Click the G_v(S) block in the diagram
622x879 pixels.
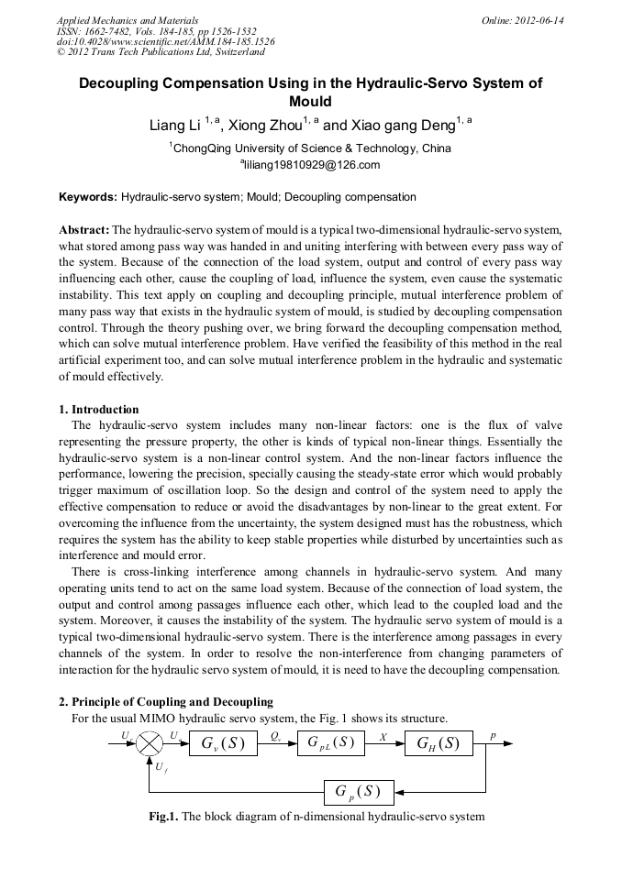click(x=223, y=742)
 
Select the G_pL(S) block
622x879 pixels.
click(x=331, y=742)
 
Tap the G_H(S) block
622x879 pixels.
click(x=439, y=742)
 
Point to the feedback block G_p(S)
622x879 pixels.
click(x=359, y=792)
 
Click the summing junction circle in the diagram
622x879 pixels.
click(x=150, y=743)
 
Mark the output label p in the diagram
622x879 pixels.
click(x=493, y=735)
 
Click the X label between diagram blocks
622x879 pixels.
click(x=383, y=735)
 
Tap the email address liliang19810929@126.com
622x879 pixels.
click(x=310, y=166)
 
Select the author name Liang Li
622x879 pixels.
click(x=175, y=126)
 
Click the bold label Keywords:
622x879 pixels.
click(x=88, y=197)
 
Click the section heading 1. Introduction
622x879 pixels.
click(x=99, y=410)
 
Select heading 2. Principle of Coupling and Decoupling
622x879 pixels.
click(x=166, y=702)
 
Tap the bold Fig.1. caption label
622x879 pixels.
click(x=164, y=817)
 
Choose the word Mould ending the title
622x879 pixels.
click(x=310, y=102)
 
